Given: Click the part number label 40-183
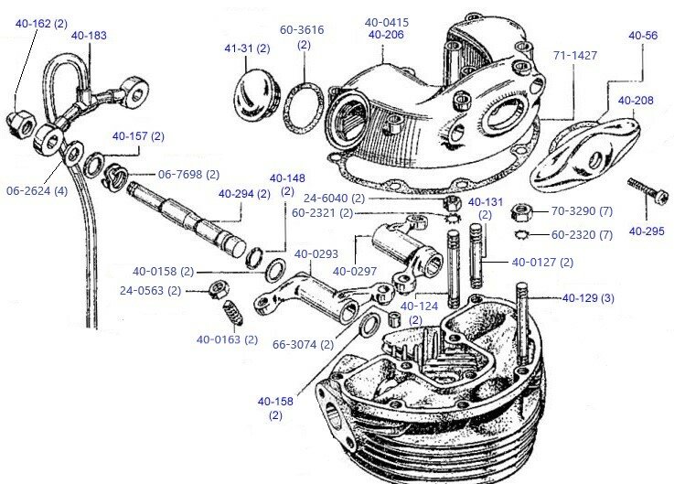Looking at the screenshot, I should [x=88, y=35].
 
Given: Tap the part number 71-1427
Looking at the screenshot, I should [x=575, y=55].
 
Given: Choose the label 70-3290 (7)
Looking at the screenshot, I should [x=581, y=211].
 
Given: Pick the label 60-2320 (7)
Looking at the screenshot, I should [x=581, y=235].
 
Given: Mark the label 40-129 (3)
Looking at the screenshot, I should [x=588, y=297].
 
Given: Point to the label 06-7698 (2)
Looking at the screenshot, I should [x=188, y=174].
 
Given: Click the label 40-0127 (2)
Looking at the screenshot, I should [x=542, y=263].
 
